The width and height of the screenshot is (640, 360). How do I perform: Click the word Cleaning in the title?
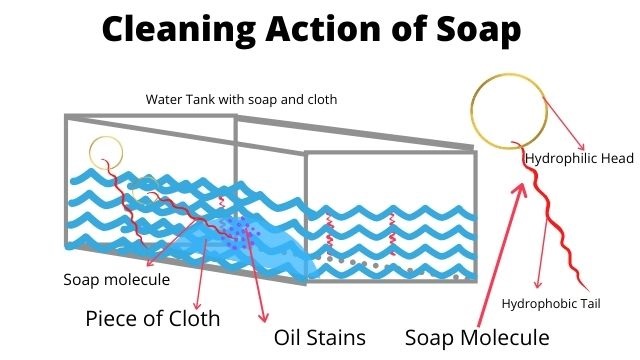(179, 30)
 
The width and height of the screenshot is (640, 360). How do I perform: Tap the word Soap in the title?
(478, 30)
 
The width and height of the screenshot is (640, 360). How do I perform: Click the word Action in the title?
(323, 29)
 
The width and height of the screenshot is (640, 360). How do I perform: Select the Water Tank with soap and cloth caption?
(241, 99)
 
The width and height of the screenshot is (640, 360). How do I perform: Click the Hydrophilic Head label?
(579, 158)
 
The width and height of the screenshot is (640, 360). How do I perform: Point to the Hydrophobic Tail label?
(551, 304)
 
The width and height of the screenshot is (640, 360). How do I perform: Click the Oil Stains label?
(320, 338)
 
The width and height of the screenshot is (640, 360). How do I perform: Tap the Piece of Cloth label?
(153, 318)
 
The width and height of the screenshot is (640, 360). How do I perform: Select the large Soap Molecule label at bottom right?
(477, 338)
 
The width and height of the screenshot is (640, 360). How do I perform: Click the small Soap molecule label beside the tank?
(117, 280)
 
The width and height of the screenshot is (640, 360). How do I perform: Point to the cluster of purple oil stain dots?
(238, 233)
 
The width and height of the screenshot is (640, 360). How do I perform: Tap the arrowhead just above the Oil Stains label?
(264, 316)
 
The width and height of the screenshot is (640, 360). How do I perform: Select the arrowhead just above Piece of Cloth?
(198, 304)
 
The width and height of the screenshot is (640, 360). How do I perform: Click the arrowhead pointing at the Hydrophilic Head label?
(581, 147)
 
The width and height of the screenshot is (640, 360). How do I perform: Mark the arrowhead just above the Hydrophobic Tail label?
(538, 284)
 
